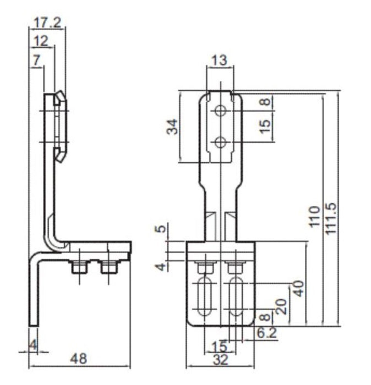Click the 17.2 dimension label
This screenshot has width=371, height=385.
[x=48, y=23]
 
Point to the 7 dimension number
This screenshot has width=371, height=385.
[x=36, y=60]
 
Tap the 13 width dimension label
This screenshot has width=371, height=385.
[x=219, y=61]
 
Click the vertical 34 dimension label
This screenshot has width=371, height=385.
[x=172, y=128]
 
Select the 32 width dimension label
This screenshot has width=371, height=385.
[x=220, y=360]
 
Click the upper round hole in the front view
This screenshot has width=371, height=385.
[x=221, y=111]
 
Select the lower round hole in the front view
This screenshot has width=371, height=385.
[x=221, y=142]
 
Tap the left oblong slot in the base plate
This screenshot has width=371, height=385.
[x=205, y=296]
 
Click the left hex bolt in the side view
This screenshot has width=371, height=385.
[x=78, y=267]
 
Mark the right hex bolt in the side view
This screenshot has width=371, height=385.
[x=108, y=267]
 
